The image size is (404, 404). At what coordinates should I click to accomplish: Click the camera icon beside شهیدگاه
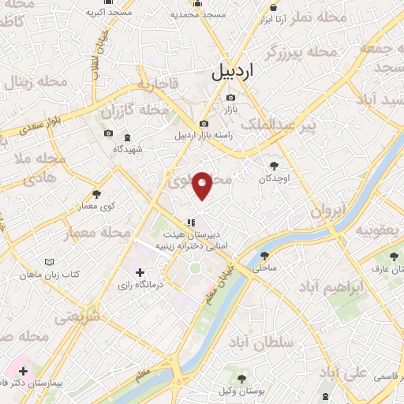click(109, 133)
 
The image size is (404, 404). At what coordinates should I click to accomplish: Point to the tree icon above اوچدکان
click(274, 166)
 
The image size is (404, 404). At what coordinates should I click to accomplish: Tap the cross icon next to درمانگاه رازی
click(140, 272)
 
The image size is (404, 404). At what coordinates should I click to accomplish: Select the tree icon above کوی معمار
click(97, 193)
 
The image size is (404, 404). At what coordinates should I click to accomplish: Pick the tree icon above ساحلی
click(263, 256)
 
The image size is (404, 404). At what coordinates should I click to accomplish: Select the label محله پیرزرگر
click(301, 52)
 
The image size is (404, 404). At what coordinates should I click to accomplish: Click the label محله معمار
click(104, 233)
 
